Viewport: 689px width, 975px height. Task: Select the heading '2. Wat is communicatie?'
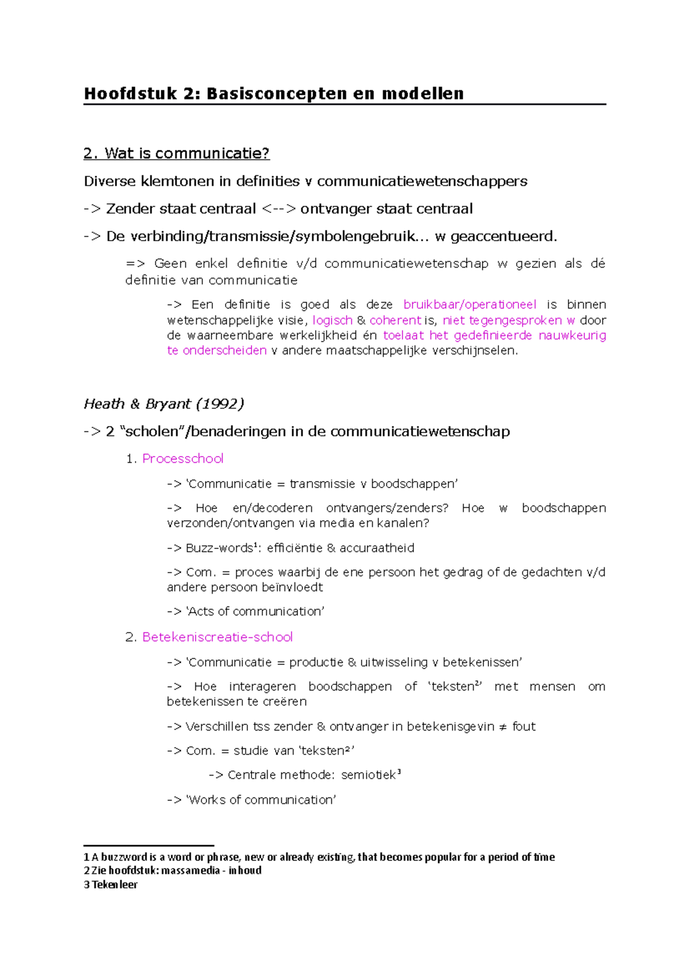click(x=176, y=153)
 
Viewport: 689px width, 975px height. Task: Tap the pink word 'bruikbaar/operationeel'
click(x=470, y=304)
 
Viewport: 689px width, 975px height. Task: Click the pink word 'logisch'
click(x=332, y=320)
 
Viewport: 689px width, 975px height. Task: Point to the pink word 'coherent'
click(x=395, y=320)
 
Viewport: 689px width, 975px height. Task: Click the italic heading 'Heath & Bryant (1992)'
click(x=164, y=404)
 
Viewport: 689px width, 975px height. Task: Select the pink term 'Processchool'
click(x=183, y=458)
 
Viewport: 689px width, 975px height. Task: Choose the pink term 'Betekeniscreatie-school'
click(x=217, y=637)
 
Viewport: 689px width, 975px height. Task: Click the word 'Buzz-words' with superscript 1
click(x=219, y=548)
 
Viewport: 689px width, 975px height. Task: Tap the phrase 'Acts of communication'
click(x=255, y=612)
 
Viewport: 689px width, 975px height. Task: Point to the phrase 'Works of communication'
click(x=261, y=800)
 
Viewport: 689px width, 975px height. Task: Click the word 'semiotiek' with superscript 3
click(x=369, y=775)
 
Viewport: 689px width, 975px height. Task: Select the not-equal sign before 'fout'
click(x=503, y=727)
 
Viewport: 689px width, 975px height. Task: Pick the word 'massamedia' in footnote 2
click(x=190, y=870)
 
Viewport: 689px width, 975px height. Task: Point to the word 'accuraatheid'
click(x=377, y=548)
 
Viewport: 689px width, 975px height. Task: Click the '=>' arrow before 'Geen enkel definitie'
click(x=135, y=264)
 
